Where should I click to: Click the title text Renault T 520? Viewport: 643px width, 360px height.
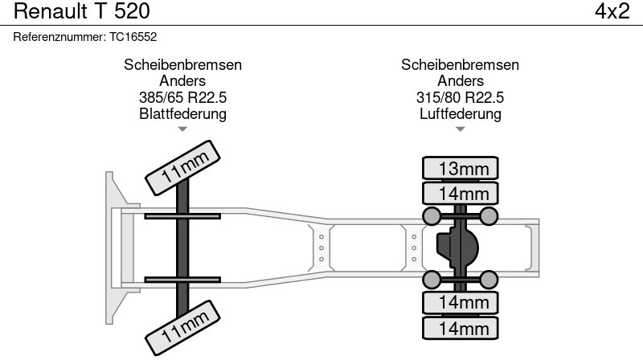tap(82, 11)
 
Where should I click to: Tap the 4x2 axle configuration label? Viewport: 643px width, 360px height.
tap(612, 11)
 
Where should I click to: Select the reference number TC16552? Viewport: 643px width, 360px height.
tap(133, 37)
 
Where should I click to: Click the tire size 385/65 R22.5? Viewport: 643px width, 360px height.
tap(182, 97)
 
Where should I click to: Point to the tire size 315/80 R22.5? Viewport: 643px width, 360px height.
tap(460, 97)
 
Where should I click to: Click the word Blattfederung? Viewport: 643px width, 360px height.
tap(182, 113)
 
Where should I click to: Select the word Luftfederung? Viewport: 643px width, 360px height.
tap(460, 113)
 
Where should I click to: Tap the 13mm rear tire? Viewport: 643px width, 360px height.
tap(460, 168)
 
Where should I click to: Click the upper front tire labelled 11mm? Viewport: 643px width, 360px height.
tap(182, 168)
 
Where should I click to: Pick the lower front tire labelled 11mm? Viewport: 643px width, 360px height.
tap(182, 328)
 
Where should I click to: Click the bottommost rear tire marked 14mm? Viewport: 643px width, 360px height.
tap(460, 328)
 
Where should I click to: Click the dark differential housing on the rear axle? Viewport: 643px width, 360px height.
tap(457, 247)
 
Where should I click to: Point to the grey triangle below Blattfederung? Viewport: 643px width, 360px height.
tap(182, 129)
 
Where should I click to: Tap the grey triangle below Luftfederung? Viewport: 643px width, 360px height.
tap(460, 129)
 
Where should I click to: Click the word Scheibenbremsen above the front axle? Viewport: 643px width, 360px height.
tap(182, 65)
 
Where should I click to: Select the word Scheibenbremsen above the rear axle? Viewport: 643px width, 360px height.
tap(460, 65)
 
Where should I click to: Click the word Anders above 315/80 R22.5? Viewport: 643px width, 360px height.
tap(460, 81)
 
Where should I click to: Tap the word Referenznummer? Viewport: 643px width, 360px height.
tap(59, 37)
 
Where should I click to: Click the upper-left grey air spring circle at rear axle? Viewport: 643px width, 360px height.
tap(432, 216)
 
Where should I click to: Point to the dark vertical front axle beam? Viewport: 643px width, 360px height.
tap(182, 248)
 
